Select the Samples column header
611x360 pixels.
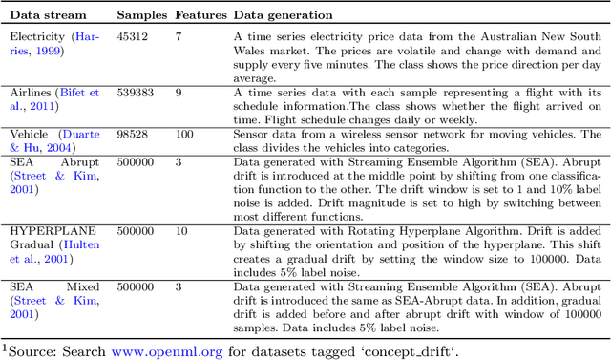point(141,16)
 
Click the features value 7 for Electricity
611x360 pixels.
point(179,34)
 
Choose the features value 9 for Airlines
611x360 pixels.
point(179,93)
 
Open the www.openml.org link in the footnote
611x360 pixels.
point(166,350)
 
